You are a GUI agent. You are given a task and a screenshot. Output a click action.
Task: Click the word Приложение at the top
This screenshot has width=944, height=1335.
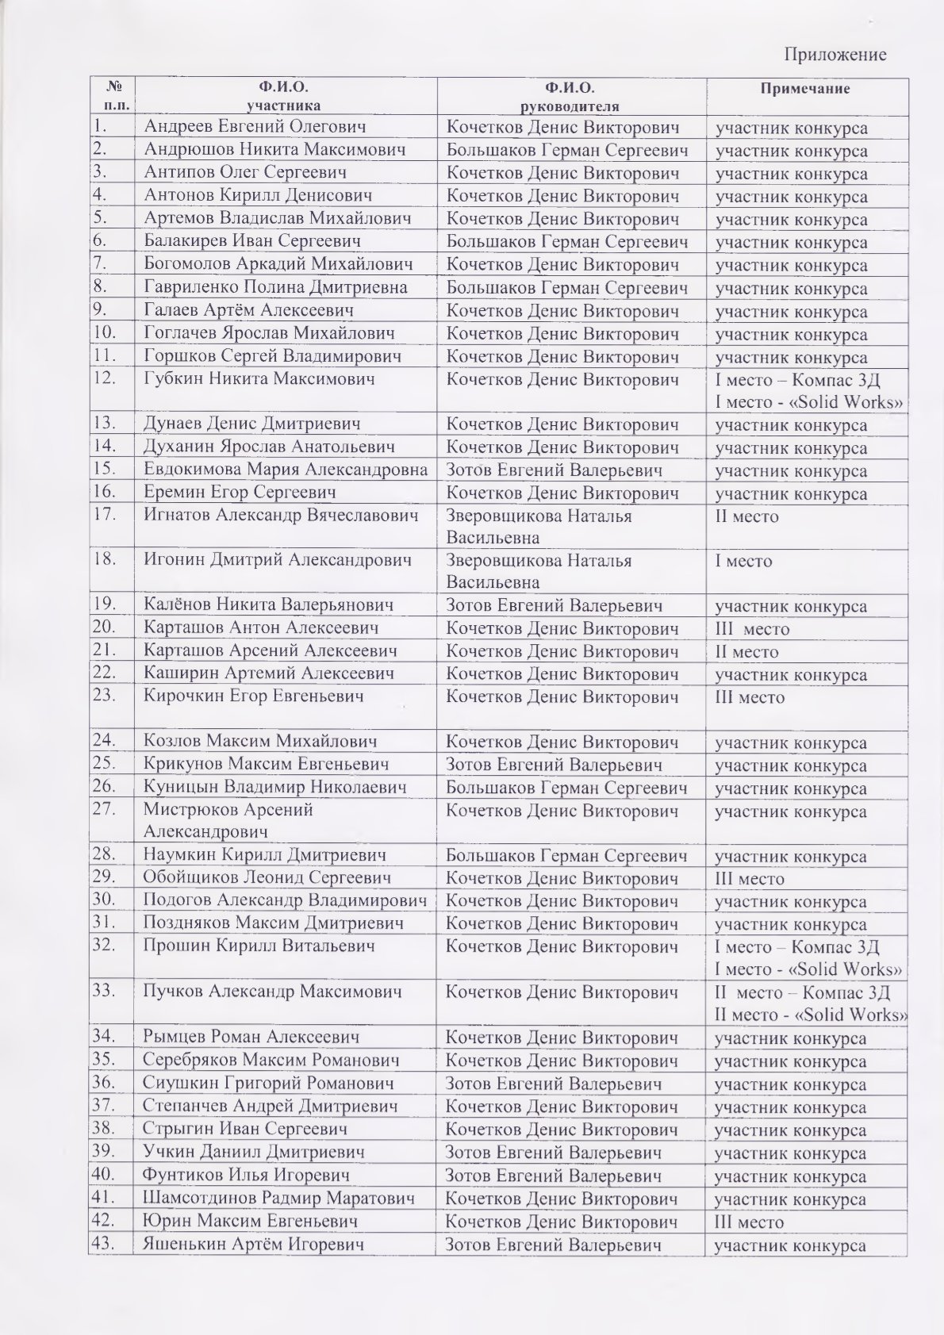tap(835, 54)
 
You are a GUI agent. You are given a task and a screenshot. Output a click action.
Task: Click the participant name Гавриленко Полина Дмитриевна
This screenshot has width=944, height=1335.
tap(275, 287)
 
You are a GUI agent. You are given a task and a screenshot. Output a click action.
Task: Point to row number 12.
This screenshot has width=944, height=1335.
tap(109, 378)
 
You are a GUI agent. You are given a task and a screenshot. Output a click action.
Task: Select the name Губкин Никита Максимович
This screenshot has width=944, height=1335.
tap(259, 378)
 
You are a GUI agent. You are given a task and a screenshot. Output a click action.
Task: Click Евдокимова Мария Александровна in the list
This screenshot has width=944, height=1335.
tap(286, 470)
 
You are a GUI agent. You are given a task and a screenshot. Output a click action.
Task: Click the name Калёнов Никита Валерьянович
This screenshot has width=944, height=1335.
tap(269, 605)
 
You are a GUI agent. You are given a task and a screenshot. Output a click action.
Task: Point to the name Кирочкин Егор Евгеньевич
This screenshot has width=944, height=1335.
tap(254, 696)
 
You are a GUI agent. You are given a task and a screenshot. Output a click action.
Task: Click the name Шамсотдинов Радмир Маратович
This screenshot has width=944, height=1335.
tap(279, 1198)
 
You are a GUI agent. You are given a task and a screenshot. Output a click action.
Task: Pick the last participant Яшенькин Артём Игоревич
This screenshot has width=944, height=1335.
tap(254, 1245)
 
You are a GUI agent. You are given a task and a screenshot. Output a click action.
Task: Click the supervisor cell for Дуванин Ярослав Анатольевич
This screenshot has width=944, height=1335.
tap(562, 447)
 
